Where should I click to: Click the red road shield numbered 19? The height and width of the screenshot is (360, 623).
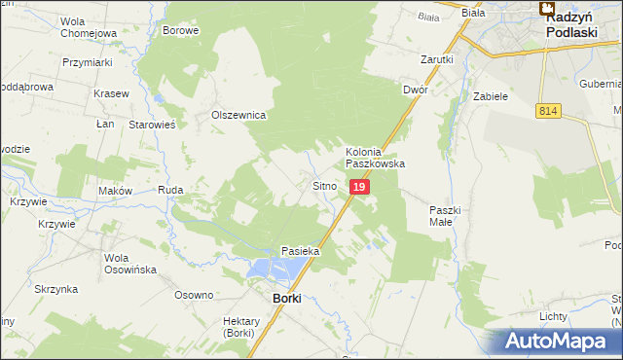coord(359,186)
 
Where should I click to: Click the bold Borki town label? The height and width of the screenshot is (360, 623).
coord(286,299)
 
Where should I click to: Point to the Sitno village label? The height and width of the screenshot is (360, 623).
coord(324,185)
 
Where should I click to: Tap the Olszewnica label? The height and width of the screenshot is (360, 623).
coord(239,115)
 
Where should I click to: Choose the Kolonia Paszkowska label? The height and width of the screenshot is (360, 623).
coord(375,159)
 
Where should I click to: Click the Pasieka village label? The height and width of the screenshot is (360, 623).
coord(301,251)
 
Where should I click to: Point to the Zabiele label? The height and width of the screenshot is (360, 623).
coord(491,97)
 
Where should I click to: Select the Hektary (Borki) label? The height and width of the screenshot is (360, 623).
coord(238,327)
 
